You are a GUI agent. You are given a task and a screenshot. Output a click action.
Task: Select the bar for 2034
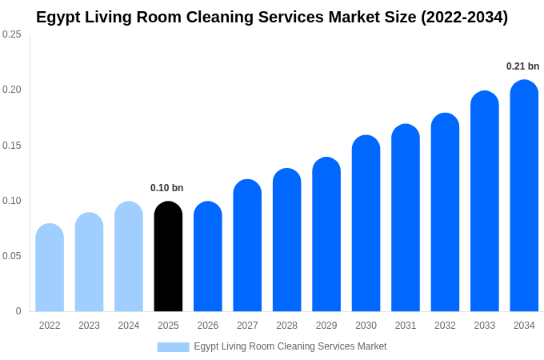pyautogui.click(x=524, y=196)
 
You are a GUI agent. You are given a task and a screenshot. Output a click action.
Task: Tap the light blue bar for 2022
pyautogui.click(x=50, y=268)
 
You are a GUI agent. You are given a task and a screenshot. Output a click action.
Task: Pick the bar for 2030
pyautogui.click(x=366, y=223)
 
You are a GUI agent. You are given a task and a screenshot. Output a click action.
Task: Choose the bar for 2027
pyautogui.click(x=247, y=246)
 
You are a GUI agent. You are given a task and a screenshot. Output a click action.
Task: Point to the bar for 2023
pyautogui.click(x=89, y=262)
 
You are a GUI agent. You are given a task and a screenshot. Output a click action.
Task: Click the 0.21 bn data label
pyautogui.click(x=522, y=66)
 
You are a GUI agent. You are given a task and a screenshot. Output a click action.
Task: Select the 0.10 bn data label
pyautogui.click(x=166, y=188)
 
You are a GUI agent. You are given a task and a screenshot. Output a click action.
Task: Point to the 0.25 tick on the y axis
pyautogui.click(x=12, y=34)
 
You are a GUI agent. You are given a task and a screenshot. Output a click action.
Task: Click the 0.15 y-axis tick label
pyautogui.click(x=12, y=146)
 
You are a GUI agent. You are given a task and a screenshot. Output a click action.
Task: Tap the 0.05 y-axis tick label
pyautogui.click(x=12, y=256)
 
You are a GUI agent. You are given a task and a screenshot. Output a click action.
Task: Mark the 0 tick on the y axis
pyautogui.click(x=18, y=311)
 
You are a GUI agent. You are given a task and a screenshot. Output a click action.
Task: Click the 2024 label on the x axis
pyautogui.click(x=129, y=326)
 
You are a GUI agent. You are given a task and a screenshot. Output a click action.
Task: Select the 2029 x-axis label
pyautogui.click(x=326, y=326)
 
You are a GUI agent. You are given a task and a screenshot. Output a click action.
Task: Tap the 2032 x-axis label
pyautogui.click(x=445, y=326)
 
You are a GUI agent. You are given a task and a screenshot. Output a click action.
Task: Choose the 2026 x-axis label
pyautogui.click(x=208, y=326)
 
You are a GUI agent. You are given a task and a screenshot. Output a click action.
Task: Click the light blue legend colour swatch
pyautogui.click(x=173, y=346)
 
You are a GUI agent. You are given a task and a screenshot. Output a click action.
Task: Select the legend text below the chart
pyautogui.click(x=290, y=346)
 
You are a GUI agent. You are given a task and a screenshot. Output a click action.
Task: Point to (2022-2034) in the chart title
pyautogui.click(x=464, y=17)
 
